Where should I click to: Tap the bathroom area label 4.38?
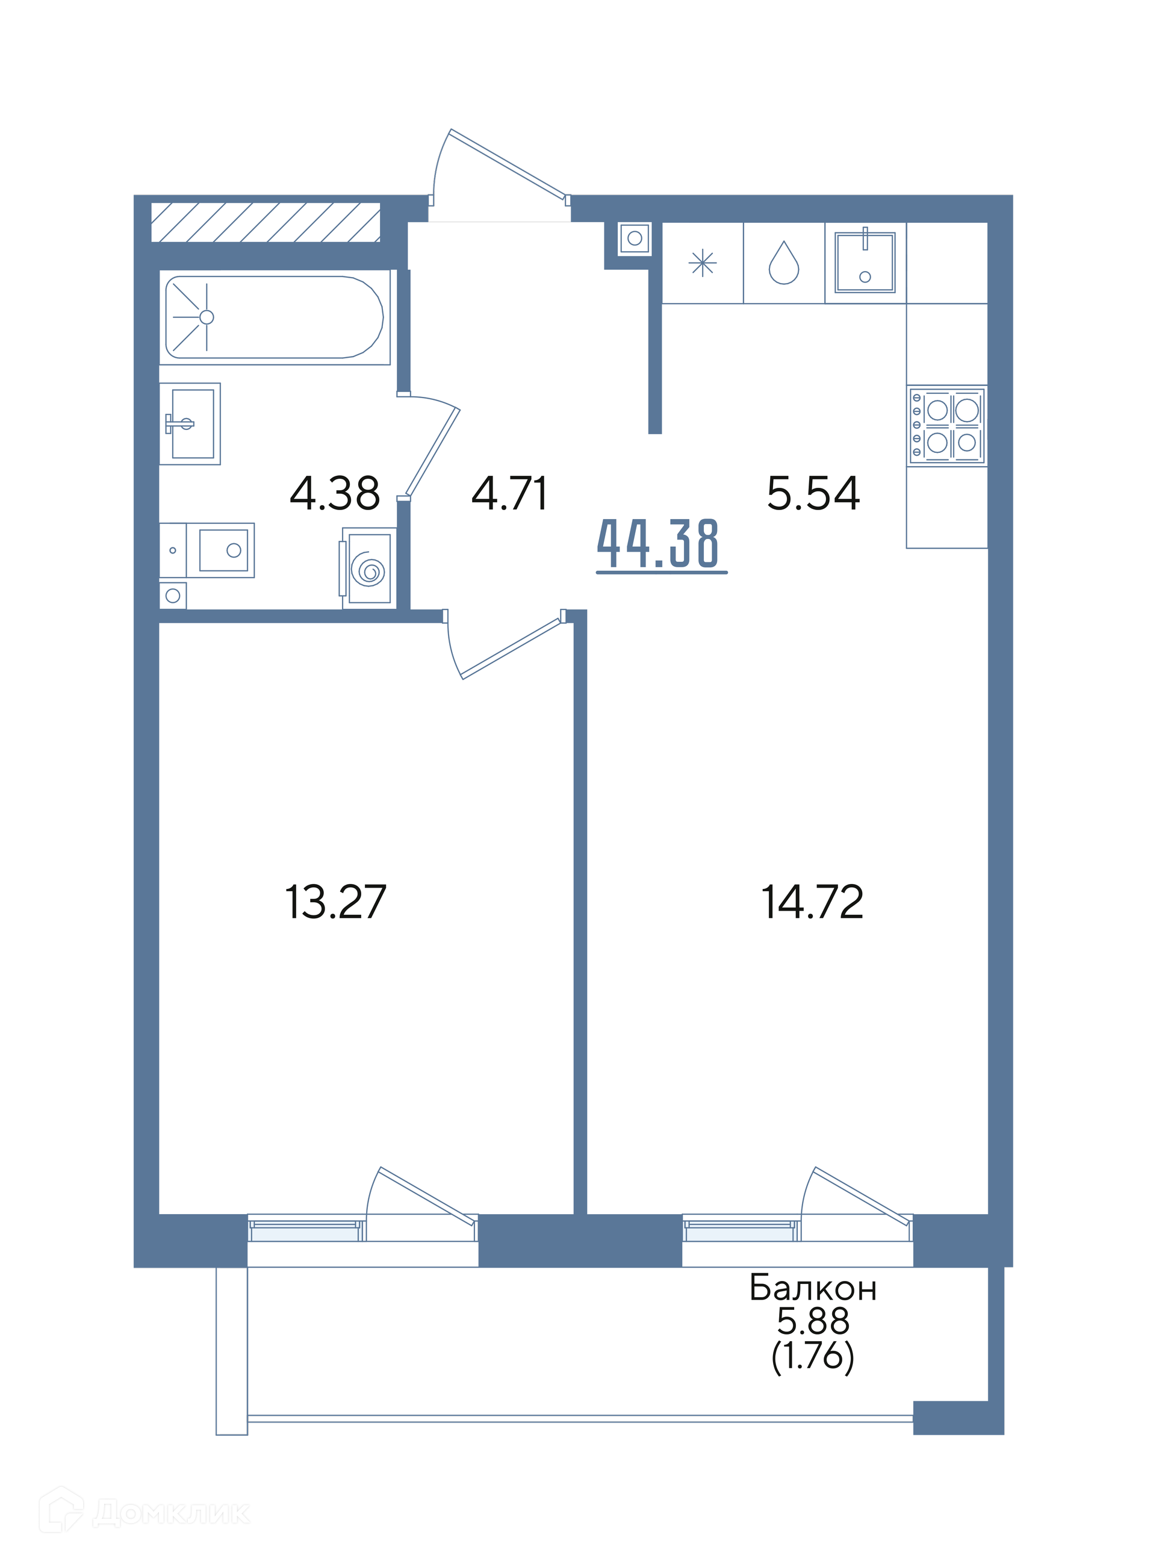click(x=335, y=493)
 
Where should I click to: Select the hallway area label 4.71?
click(x=509, y=493)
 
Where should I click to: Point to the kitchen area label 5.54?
click(x=813, y=493)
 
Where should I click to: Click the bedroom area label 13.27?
click(x=335, y=902)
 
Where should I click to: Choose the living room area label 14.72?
click(x=812, y=902)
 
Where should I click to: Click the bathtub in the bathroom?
click(x=275, y=317)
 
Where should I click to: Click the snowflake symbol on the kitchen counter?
click(x=703, y=263)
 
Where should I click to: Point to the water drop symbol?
click(x=784, y=263)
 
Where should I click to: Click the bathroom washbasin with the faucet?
click(x=190, y=424)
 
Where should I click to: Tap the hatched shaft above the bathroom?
click(x=266, y=223)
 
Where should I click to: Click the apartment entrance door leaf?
click(x=508, y=164)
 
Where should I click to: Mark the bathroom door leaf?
click(x=432, y=452)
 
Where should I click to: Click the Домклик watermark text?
click(x=171, y=1513)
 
